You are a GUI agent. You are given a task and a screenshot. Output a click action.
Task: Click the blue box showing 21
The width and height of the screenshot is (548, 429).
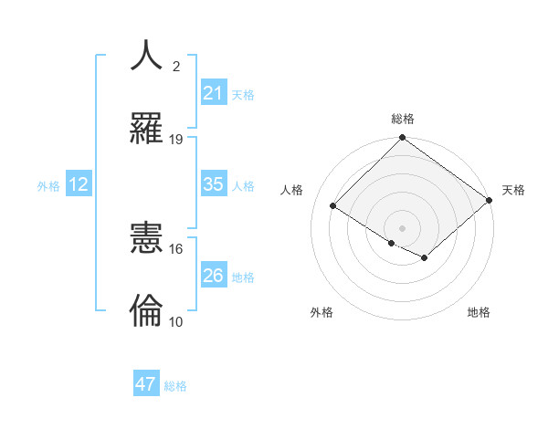(x=213, y=93)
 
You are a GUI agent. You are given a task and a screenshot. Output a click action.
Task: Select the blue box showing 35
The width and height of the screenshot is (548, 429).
(x=213, y=184)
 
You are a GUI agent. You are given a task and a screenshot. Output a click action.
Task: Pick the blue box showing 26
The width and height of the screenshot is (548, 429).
(x=213, y=276)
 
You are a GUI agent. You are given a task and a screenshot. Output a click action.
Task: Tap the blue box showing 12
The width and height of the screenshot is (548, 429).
(x=79, y=184)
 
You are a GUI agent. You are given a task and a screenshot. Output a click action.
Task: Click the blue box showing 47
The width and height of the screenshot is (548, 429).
(x=146, y=384)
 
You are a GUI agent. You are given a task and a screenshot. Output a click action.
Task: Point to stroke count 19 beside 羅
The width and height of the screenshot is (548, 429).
(x=176, y=140)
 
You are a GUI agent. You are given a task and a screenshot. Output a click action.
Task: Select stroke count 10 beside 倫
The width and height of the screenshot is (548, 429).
(x=176, y=322)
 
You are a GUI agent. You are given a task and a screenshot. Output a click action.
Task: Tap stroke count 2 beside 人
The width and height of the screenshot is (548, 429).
(x=176, y=67)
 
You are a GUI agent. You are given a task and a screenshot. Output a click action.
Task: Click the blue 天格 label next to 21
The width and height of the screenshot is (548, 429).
(x=243, y=94)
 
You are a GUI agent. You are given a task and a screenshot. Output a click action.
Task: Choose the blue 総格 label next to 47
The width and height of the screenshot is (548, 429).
(x=175, y=386)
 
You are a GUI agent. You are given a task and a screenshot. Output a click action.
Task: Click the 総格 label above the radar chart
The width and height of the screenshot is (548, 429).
(x=403, y=119)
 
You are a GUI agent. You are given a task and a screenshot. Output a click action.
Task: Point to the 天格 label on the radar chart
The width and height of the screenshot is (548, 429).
(x=513, y=190)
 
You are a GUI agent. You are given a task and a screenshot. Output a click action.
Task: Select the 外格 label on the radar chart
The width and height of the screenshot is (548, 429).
(x=321, y=312)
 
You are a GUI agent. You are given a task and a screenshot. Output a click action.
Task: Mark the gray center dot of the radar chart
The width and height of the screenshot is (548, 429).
(x=403, y=227)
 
